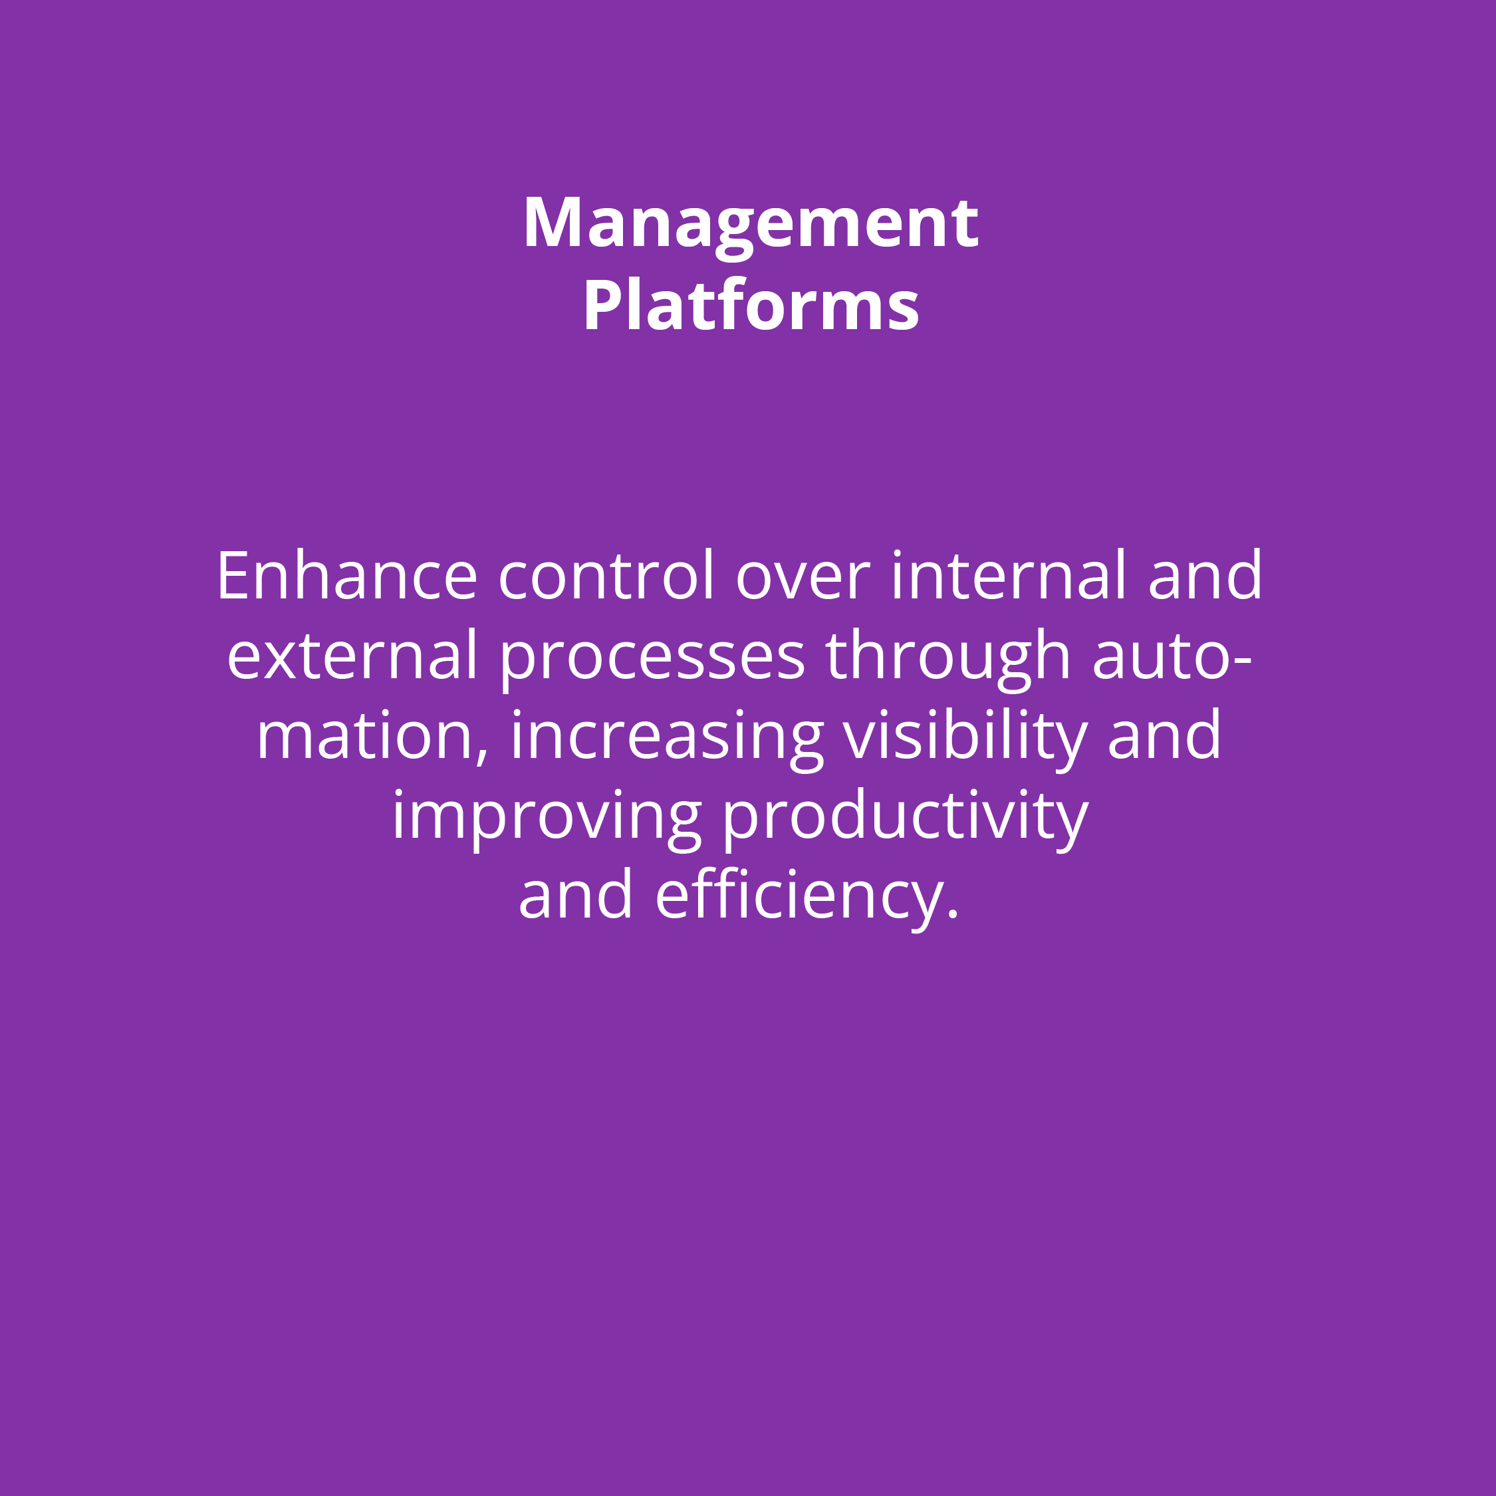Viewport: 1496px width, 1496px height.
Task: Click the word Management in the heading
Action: [750, 225]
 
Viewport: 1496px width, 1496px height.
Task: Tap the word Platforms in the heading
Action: [750, 305]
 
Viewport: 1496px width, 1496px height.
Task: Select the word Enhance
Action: [347, 575]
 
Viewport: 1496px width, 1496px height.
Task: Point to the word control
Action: [606, 575]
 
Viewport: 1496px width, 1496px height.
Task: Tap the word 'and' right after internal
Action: [1205, 575]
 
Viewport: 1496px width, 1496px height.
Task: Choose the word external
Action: [352, 655]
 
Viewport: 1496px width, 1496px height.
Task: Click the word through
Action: [949, 660]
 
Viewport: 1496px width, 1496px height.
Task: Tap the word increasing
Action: [667, 739]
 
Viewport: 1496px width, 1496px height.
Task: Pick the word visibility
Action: [965, 739]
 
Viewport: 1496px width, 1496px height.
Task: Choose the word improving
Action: [547, 819]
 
